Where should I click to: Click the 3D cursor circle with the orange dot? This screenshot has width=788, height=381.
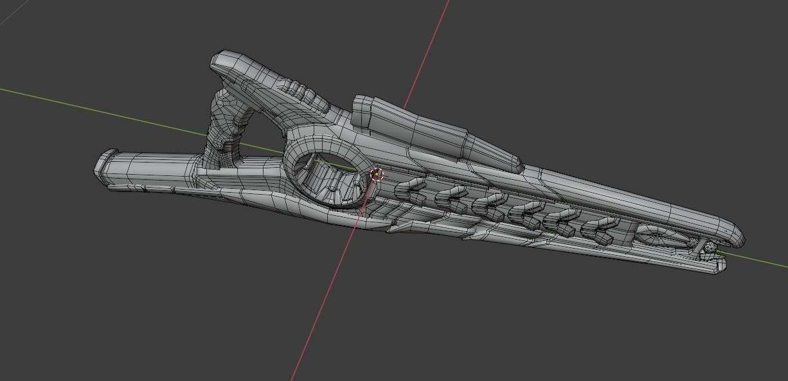click(x=377, y=174)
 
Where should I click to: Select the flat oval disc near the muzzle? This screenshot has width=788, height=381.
click(x=658, y=236)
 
